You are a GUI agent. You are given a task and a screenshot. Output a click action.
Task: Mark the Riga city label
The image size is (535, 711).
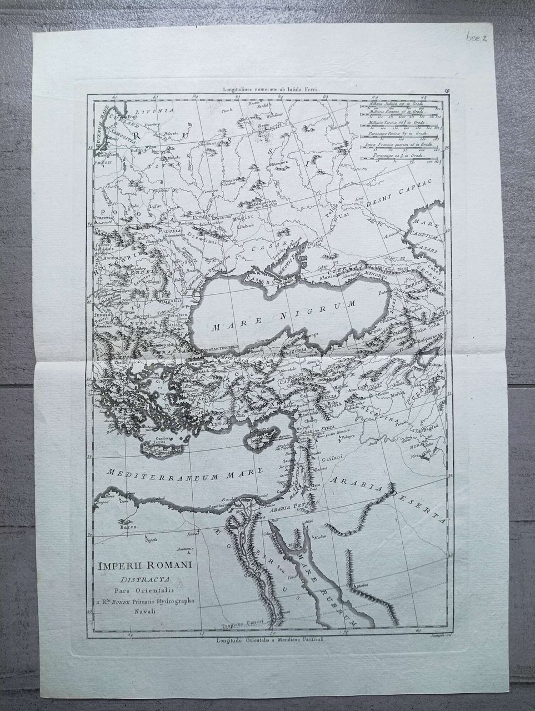[132, 117]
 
